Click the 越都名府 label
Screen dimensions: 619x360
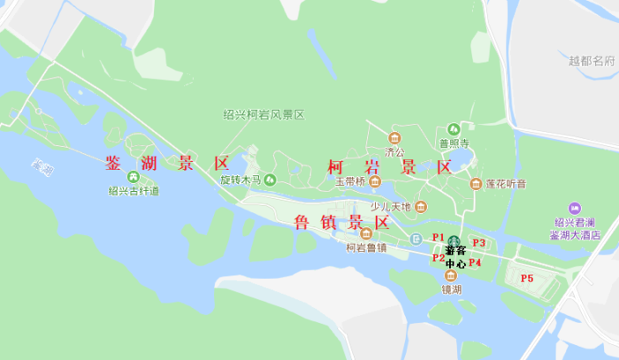click(x=592, y=61)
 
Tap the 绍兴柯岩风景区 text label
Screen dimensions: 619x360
click(x=264, y=115)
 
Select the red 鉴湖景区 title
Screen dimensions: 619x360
click(x=167, y=164)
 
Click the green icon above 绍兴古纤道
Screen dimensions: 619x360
click(x=134, y=176)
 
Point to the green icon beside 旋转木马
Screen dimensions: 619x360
click(x=270, y=180)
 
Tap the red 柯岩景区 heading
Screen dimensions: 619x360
click(x=389, y=167)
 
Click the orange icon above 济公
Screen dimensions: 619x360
click(x=394, y=138)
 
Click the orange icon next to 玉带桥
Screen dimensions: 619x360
click(x=375, y=183)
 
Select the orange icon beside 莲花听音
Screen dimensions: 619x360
click(x=476, y=184)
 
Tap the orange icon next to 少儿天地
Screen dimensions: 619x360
click(x=421, y=207)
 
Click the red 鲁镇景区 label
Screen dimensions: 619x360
click(x=342, y=222)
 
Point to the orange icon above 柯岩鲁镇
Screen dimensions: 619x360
click(x=366, y=234)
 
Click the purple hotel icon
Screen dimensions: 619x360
click(x=575, y=208)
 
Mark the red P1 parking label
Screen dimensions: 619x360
click(x=438, y=237)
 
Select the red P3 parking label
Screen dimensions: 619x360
click(x=479, y=242)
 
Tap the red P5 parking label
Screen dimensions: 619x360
click(x=527, y=279)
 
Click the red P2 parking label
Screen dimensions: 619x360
click(x=439, y=258)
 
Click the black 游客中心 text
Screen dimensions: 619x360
click(x=455, y=257)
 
